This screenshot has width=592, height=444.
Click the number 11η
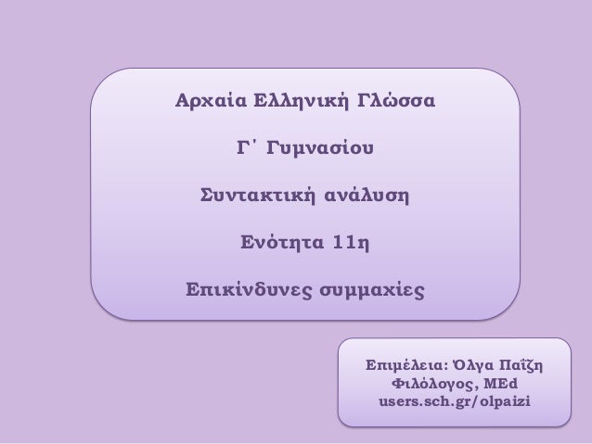coord(350,246)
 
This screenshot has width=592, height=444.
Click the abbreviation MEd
coord(502,382)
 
